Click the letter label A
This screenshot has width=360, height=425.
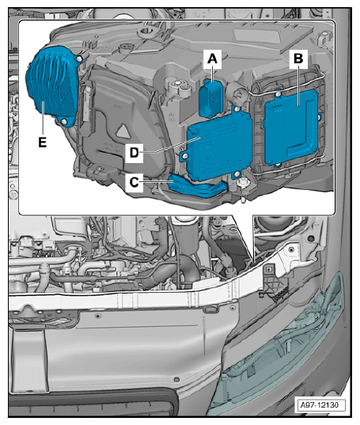[211, 58]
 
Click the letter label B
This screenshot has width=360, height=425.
[298, 58]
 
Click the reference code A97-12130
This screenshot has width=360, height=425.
[320, 406]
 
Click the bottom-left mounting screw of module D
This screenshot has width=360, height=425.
[184, 157]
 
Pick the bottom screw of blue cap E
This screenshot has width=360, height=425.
[61, 121]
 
